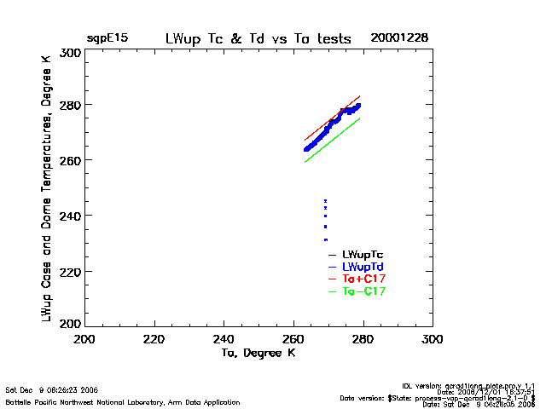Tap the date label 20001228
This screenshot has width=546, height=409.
pos(399,38)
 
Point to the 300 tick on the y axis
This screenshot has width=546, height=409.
pos(71,53)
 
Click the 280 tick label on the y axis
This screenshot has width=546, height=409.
pos(71,105)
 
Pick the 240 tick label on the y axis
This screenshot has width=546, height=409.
pos(71,216)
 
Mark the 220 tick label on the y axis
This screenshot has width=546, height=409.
pos(71,271)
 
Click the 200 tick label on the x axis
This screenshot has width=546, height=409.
pos(84,339)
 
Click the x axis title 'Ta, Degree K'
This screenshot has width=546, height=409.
pos(258,353)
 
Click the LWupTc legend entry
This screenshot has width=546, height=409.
pos(363,255)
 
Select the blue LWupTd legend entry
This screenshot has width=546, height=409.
pos(363,267)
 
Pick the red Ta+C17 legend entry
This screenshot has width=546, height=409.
pos(363,279)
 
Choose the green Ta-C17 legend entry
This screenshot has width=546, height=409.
pos(363,291)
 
